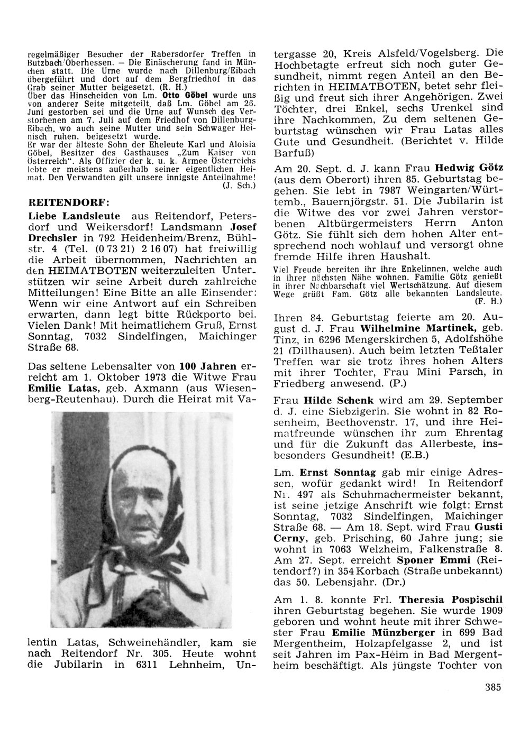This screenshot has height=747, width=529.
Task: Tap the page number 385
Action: point(492,687)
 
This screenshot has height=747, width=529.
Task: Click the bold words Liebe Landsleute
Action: point(74,216)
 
